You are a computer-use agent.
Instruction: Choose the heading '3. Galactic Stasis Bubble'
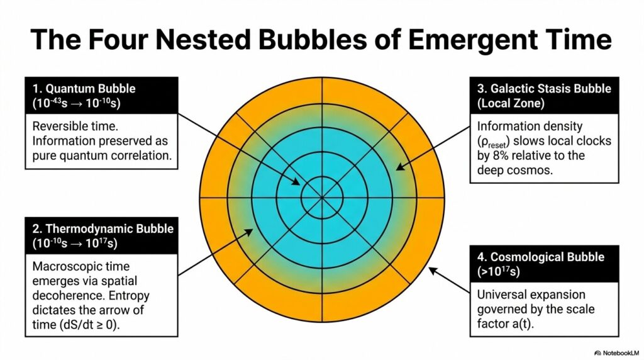543,89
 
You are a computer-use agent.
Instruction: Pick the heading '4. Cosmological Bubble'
538,257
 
